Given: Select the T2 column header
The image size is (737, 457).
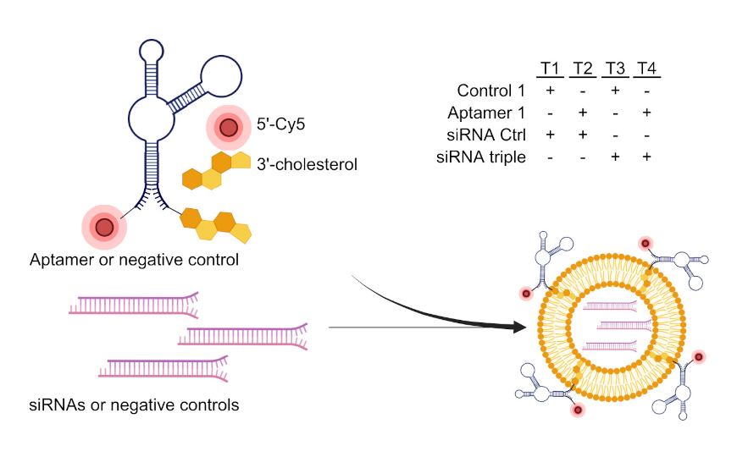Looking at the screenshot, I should (583, 69).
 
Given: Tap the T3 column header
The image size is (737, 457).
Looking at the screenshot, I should (616, 69).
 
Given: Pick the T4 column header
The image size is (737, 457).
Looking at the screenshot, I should (647, 69).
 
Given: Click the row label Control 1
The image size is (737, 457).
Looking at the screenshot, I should (490, 91).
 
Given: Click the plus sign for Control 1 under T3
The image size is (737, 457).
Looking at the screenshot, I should (616, 91).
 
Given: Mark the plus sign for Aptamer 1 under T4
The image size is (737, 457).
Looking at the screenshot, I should (647, 113).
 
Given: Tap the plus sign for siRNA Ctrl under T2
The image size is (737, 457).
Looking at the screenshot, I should (583, 135).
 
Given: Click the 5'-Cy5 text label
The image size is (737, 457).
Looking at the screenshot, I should (280, 125).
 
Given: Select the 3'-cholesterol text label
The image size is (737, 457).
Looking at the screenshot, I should (307, 164).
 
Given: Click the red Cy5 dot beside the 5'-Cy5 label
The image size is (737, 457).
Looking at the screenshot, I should (227, 129).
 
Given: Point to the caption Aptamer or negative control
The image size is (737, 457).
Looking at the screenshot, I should (134, 259).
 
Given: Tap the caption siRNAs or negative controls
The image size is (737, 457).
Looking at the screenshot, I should (134, 405).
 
